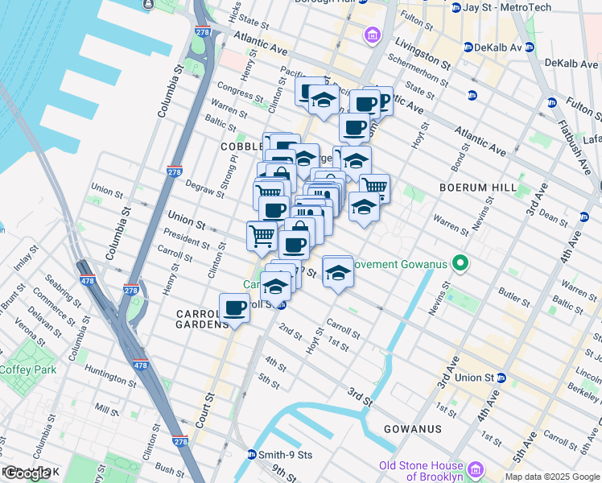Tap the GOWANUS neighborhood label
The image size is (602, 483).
click(412, 429)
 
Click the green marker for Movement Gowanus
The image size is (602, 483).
click(460, 263)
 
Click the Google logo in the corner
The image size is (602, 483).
click(27, 473)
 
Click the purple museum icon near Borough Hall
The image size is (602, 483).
click(372, 35)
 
